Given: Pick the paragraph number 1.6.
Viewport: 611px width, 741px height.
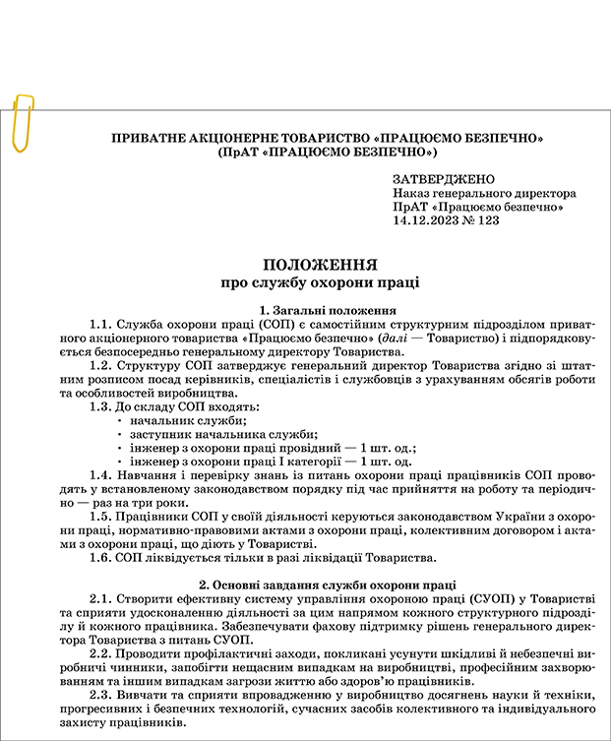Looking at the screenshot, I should (101, 558).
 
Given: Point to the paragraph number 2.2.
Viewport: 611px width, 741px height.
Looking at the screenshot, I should (101, 653).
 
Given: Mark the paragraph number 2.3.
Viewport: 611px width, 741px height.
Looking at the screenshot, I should (101, 695).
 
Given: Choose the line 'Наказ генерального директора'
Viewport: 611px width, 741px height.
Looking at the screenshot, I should (484, 194).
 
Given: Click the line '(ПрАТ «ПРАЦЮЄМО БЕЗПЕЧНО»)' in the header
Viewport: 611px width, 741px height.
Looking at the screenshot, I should (329, 153).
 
